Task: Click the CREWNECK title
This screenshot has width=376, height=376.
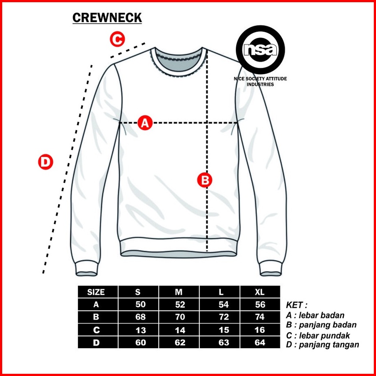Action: tap(107, 17)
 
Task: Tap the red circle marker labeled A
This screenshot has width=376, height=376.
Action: tap(145, 123)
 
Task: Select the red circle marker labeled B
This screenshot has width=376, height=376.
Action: tap(205, 180)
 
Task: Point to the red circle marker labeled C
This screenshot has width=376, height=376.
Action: tap(117, 39)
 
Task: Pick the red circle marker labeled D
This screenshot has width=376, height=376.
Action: tap(45, 162)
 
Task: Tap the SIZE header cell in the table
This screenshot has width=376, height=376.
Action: tap(96, 292)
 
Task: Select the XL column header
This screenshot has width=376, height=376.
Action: tap(260, 292)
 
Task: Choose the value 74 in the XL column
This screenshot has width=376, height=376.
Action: tap(260, 317)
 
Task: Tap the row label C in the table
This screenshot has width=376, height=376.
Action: tap(96, 330)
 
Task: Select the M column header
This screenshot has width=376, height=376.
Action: tap(179, 292)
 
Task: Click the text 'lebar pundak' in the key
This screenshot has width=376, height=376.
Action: tap(326, 335)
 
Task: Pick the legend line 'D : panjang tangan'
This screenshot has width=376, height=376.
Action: tap(323, 345)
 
